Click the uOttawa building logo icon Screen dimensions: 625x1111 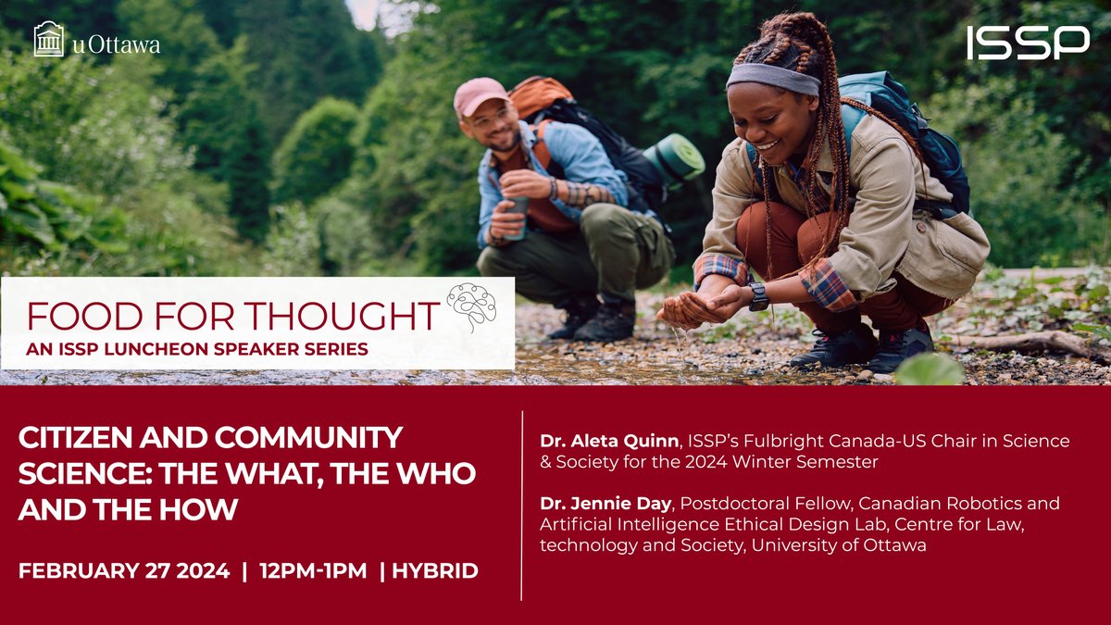[x=49, y=40]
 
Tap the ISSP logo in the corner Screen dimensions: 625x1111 [x=1028, y=43]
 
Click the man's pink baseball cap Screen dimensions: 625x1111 [x=481, y=95]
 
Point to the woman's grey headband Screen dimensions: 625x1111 [x=772, y=78]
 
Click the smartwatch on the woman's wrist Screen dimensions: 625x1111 [x=758, y=296]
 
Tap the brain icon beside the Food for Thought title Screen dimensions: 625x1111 [x=472, y=305]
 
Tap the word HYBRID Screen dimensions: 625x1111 [x=435, y=570]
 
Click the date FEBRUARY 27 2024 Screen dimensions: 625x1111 [x=124, y=570]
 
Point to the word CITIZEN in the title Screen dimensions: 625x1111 [x=74, y=437]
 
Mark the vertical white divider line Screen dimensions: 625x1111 [x=522, y=505]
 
